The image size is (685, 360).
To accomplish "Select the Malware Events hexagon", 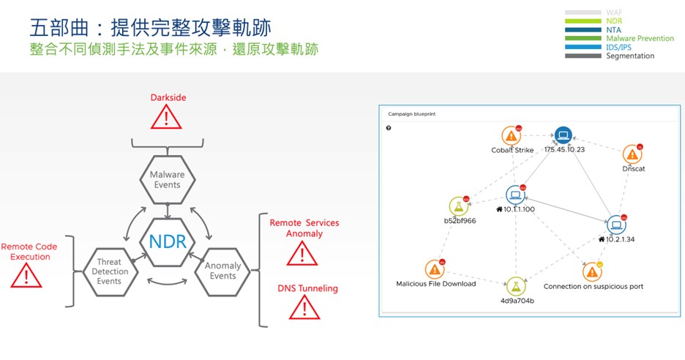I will click(x=167, y=180).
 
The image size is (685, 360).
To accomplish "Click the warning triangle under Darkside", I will click(x=168, y=116).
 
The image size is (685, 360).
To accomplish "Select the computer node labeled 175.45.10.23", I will click(x=562, y=135).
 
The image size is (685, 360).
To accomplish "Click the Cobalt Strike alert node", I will click(x=512, y=136).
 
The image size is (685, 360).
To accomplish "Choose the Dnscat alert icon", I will click(x=632, y=154).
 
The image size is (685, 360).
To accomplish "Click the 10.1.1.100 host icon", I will click(x=515, y=195).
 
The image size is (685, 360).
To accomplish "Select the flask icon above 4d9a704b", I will click(x=517, y=285).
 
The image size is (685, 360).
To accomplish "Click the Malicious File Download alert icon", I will click(x=435, y=269).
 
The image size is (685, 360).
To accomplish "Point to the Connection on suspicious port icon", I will click(x=593, y=271).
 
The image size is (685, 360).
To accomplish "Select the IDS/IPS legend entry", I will click(x=619, y=47).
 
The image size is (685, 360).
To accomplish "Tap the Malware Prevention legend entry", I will click(x=640, y=38).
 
